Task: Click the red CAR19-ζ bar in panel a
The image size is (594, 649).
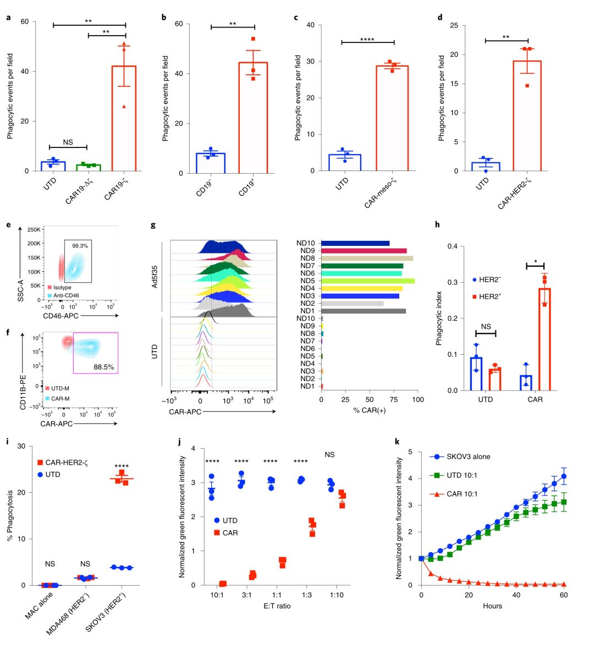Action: (x=124, y=118)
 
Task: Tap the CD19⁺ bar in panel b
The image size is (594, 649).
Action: (x=253, y=118)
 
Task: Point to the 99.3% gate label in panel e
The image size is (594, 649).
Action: (x=80, y=246)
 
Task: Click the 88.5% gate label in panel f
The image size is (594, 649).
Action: (x=103, y=367)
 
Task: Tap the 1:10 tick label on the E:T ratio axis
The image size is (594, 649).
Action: (x=336, y=595)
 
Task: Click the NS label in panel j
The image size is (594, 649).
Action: (x=330, y=455)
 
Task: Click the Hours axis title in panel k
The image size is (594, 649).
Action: (x=492, y=606)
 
